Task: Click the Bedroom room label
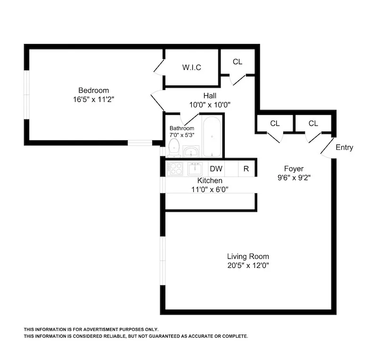click(93, 90)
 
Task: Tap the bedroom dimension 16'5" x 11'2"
click(93, 100)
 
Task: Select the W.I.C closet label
click(192, 67)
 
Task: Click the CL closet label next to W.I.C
click(238, 62)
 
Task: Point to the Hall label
click(210, 95)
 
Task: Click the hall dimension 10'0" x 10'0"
click(210, 104)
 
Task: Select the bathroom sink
click(191, 152)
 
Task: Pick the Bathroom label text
click(182, 128)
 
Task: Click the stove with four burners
click(174, 168)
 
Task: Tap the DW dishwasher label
click(216, 169)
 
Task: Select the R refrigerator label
click(246, 169)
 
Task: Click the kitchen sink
click(195, 168)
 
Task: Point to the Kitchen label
click(210, 181)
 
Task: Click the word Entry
click(344, 148)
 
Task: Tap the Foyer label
click(293, 168)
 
